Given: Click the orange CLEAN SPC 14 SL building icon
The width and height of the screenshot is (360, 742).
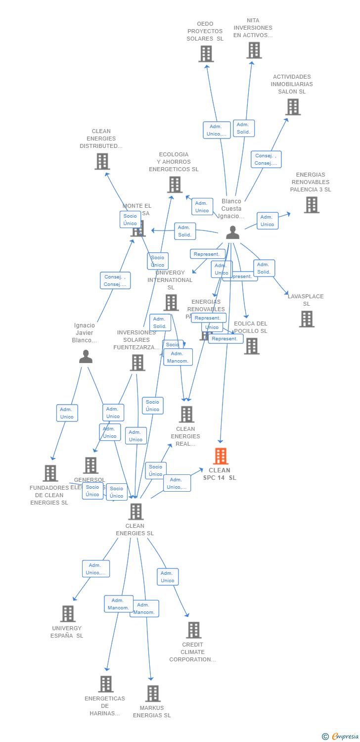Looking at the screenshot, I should pyautogui.click(x=221, y=456).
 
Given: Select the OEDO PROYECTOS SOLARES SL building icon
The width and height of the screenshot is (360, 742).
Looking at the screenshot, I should pyautogui.click(x=206, y=54).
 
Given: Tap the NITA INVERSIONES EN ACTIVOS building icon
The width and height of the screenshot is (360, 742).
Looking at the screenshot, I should pyautogui.click(x=254, y=50).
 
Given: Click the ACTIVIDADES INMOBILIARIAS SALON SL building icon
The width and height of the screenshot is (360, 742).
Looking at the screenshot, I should pyautogui.click(x=293, y=107).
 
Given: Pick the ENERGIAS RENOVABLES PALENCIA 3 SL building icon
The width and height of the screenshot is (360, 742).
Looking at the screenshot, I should pyautogui.click(x=312, y=205).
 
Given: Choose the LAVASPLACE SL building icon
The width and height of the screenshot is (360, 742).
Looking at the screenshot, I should pyautogui.click(x=307, y=319).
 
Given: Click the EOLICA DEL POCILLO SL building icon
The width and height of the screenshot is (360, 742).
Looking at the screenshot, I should pyautogui.click(x=252, y=346).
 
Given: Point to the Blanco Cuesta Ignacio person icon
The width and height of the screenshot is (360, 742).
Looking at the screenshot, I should pyautogui.click(x=232, y=232).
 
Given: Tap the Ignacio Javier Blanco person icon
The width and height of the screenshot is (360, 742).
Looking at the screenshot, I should pyautogui.click(x=86, y=357).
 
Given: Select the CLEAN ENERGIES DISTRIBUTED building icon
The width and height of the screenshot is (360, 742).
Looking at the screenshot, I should pyautogui.click(x=102, y=162).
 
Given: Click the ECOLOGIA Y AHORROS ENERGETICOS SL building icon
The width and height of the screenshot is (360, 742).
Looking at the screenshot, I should pyautogui.click(x=175, y=185).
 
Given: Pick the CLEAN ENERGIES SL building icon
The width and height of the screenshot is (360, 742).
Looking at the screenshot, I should pyautogui.click(x=135, y=511).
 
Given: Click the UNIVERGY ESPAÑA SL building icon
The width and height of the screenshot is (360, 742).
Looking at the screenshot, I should pyautogui.click(x=68, y=614).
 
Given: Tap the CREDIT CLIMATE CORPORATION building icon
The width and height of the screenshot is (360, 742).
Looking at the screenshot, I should pyautogui.click(x=194, y=630).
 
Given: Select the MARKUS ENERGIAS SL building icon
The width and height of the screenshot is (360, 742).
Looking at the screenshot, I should pyautogui.click(x=153, y=694).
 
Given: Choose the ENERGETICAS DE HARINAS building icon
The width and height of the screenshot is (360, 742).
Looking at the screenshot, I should pyautogui.click(x=105, y=684).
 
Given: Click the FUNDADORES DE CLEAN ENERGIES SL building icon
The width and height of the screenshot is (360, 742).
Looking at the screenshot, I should pyautogui.click(x=50, y=473).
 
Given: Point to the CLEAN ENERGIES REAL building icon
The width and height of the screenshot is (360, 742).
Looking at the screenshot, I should pyautogui.click(x=186, y=415).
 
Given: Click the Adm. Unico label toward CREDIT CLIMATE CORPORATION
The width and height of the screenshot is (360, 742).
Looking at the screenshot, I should pyautogui.click(x=168, y=577).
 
